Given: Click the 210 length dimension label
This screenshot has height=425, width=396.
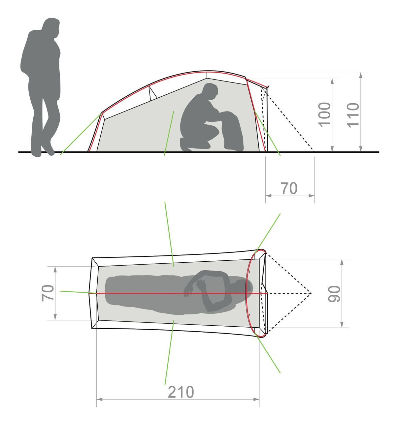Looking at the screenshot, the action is pos(181,392).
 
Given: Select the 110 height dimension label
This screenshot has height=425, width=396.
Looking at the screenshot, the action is pos(352,115).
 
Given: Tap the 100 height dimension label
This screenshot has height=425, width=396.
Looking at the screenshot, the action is pos(324,114).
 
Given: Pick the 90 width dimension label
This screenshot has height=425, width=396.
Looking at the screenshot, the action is pos(334,294).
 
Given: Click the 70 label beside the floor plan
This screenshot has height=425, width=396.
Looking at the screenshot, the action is pos(48,293).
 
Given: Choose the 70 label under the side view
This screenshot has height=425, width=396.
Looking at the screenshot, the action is pos(289,188).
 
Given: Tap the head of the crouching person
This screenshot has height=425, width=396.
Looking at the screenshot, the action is pos(210,92).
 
